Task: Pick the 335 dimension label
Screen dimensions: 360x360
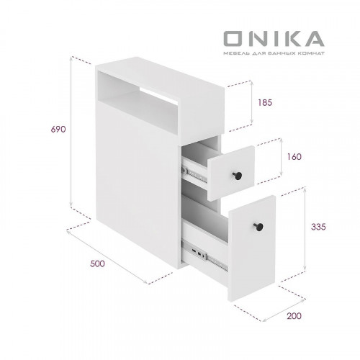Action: tap(320, 226)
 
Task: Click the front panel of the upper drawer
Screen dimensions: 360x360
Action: tap(230, 173)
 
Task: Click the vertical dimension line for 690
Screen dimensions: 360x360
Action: tap(72, 130)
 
